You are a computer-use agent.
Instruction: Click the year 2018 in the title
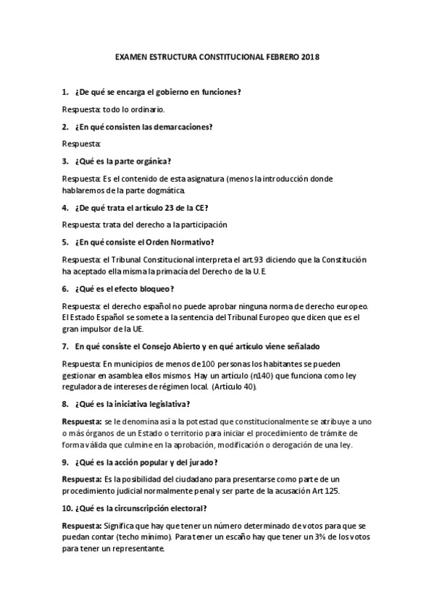(309, 56)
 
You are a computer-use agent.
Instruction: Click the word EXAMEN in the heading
(133, 56)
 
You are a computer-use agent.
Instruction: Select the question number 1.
(64, 92)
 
